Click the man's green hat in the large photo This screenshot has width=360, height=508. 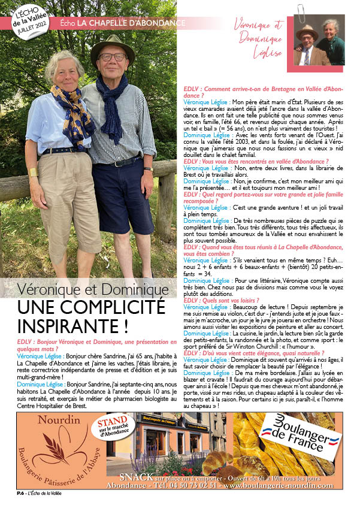(x=113, y=46)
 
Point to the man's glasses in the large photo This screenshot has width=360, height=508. (x=112, y=58)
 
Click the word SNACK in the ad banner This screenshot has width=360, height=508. (x=137, y=477)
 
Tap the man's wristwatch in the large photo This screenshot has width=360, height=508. (x=148, y=169)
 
